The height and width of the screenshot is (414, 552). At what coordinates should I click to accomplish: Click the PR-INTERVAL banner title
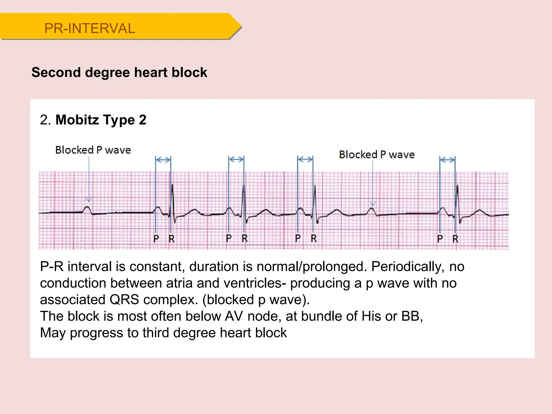tap(89, 28)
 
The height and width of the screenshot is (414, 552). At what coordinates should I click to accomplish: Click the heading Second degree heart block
tap(119, 72)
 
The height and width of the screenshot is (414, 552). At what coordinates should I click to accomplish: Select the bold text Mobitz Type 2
tap(101, 120)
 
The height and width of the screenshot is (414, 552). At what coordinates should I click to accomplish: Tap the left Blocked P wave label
tap(93, 150)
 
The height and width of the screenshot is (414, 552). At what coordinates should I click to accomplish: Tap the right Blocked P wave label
tap(377, 154)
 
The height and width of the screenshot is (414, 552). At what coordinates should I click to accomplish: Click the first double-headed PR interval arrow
tap(163, 160)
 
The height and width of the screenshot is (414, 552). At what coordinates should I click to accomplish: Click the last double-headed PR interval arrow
tap(447, 160)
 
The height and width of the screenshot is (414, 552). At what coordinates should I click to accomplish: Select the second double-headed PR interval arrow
tap(236, 159)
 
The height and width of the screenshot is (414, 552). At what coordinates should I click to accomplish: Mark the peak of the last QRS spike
tap(457, 186)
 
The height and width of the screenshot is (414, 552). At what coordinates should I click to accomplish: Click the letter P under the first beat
tap(156, 239)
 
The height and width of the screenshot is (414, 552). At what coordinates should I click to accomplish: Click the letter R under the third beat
tap(314, 238)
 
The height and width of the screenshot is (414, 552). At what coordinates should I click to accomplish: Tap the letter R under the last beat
tap(456, 239)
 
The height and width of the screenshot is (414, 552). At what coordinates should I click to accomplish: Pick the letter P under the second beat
tap(229, 238)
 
